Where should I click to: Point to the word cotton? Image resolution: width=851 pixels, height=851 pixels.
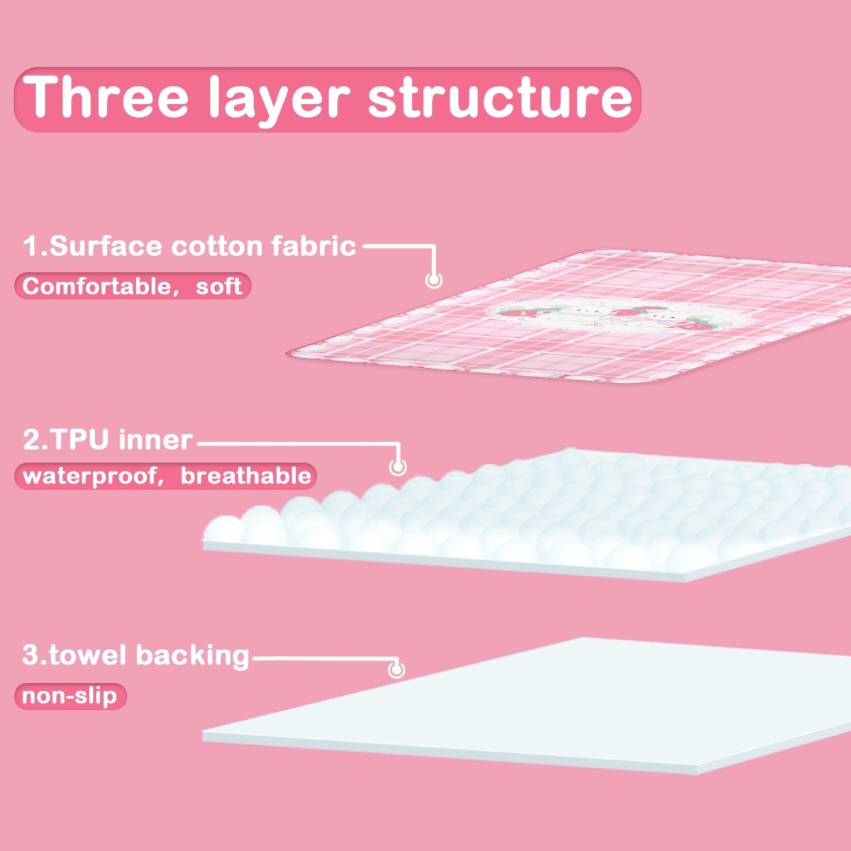pos(217,246)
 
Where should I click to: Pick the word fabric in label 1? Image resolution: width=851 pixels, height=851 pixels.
pos(313,246)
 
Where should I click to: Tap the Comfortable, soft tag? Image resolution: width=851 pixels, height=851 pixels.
pos(133,286)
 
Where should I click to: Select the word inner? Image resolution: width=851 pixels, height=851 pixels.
pos(155,440)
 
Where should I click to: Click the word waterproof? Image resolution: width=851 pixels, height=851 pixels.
pos(88,475)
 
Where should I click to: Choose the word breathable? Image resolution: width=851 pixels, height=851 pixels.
pos(245,475)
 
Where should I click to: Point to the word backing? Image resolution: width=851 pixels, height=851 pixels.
pos(192,655)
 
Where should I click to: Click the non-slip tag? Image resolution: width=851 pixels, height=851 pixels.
pos(69,696)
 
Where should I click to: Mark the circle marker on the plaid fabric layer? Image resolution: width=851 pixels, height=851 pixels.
pos(433,279)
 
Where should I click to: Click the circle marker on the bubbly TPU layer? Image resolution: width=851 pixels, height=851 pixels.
pos(398,467)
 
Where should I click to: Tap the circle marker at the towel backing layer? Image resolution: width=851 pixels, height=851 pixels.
pos(396,669)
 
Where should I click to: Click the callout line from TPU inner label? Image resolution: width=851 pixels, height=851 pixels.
pos(298,444)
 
